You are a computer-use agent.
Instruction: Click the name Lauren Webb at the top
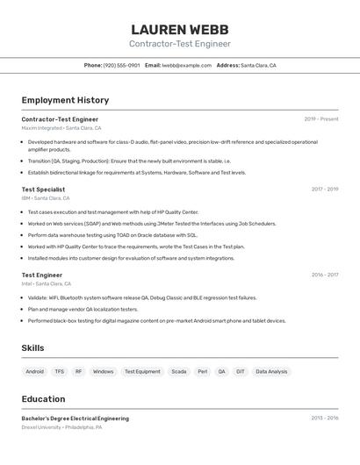coord(180,29)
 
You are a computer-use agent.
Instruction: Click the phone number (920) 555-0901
coord(121,66)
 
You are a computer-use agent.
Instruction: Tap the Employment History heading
coord(65,100)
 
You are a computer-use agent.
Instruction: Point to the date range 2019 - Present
coord(321,119)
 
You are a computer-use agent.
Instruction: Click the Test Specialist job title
coord(43,189)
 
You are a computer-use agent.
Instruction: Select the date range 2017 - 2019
coord(324,189)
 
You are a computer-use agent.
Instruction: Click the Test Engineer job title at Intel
coord(42,275)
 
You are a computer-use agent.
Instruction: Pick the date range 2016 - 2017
coord(324,275)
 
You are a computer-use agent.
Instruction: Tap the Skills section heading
coord(32,348)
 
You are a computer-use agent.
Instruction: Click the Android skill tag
coord(35,372)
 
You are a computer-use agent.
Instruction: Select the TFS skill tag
coord(60,372)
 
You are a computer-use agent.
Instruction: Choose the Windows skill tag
coord(104,372)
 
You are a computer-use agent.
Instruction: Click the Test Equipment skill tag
coord(142,372)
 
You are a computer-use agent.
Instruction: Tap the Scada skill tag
coord(179,372)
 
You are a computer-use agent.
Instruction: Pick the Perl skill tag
coord(203,372)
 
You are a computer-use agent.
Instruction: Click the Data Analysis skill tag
coord(271,372)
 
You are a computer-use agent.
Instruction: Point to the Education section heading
coord(43,398)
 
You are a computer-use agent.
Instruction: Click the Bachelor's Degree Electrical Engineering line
coord(76,418)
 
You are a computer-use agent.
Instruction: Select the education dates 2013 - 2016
coord(324,418)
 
